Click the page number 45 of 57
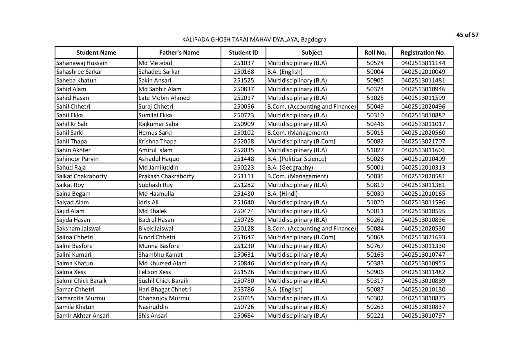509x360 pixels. (467, 35)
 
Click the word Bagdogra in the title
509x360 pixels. (313, 39)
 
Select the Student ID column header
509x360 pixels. (243, 53)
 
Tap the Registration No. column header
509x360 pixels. (423, 53)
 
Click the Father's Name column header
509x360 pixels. (179, 53)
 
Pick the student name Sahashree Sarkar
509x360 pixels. (79, 72)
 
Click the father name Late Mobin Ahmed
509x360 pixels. (164, 98)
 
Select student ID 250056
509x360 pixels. (243, 107)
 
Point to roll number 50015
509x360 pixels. (375, 133)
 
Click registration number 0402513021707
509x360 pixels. (423, 141)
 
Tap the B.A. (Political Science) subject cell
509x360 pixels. (297, 159)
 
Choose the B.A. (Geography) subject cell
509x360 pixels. (290, 168)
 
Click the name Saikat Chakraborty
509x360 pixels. (82, 176)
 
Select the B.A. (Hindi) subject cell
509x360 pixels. (282, 194)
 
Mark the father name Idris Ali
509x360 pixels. (148, 202)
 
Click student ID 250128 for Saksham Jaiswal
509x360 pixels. (243, 228)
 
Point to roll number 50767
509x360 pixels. (375, 246)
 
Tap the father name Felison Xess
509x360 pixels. (155, 272)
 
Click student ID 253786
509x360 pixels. (243, 289)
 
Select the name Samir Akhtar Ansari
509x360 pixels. (83, 316)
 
